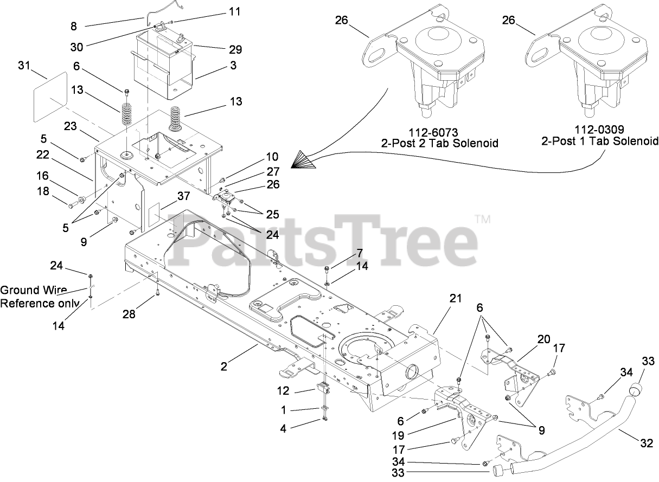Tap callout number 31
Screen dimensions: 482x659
(24, 66)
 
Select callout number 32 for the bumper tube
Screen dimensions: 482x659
(646, 443)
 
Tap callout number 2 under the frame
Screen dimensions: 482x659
(223, 367)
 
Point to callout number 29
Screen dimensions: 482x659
(235, 50)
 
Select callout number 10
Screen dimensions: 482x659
(272, 157)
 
